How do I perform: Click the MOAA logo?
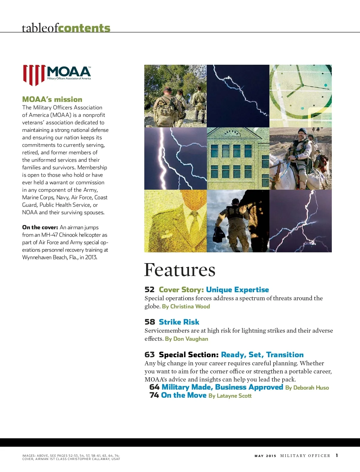point(57,75)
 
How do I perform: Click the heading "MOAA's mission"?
point(52,99)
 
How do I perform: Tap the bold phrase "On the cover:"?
point(40,227)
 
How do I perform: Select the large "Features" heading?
point(179,270)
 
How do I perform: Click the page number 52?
point(149,289)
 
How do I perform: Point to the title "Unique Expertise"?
point(237,289)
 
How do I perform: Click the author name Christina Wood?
point(190,306)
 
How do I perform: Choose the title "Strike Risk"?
point(179,322)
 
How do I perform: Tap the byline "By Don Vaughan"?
point(186,339)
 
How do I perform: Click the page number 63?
point(149,355)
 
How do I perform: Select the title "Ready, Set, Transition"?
point(262,355)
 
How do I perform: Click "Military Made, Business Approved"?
point(222,387)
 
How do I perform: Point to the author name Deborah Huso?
point(311,387)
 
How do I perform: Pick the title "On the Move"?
point(184,395)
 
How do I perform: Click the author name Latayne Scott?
point(234,396)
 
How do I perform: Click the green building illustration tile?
point(238,159)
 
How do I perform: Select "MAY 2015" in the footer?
point(265,456)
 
